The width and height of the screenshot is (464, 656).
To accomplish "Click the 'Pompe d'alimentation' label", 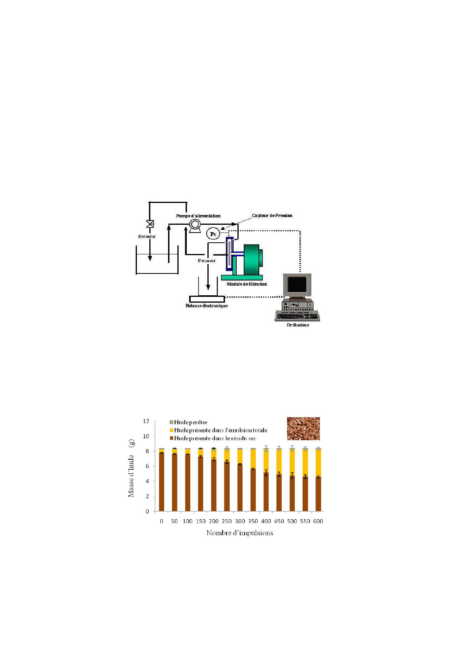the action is tap(198, 216).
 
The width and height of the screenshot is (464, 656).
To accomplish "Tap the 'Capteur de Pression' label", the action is tap(272, 215).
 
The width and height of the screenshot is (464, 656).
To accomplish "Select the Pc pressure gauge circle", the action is tap(213, 234).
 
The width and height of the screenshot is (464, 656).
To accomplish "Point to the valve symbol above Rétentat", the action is tap(150, 224).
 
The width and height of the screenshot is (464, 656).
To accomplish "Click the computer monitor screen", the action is tap(297, 284).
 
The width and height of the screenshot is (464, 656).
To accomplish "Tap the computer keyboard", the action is tap(297, 316).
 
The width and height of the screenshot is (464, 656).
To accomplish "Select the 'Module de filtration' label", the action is tap(247, 284).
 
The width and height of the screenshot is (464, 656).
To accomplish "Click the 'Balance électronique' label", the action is tap(206, 306).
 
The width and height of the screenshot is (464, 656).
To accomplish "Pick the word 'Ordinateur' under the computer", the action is tap(298, 325).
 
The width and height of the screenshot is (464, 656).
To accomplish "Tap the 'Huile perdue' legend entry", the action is tap(188, 422).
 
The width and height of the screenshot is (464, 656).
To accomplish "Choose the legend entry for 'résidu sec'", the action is tap(213, 438).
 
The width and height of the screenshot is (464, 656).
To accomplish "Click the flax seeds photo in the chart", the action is tap(303, 429).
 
